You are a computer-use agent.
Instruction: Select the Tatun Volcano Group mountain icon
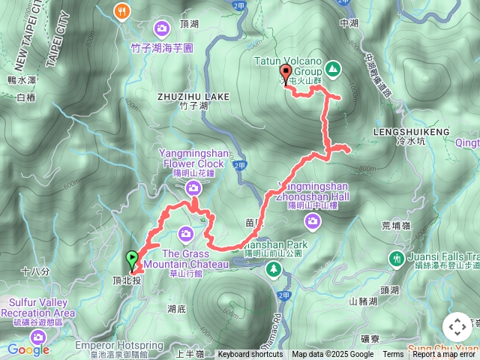pyautogui.click(x=331, y=69)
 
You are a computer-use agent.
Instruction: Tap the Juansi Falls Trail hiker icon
pyautogui.click(x=396, y=259)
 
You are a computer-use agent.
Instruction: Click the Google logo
pyautogui.click(x=28, y=349)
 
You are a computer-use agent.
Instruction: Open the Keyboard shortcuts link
pyautogui.click(x=250, y=355)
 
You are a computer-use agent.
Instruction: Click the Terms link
pyautogui.click(x=393, y=355)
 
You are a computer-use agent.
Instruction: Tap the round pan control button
pyautogui.click(x=457, y=328)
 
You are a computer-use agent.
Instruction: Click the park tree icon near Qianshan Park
pyautogui.click(x=274, y=268)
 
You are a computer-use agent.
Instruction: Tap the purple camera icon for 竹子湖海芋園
pyautogui.click(x=162, y=28)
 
